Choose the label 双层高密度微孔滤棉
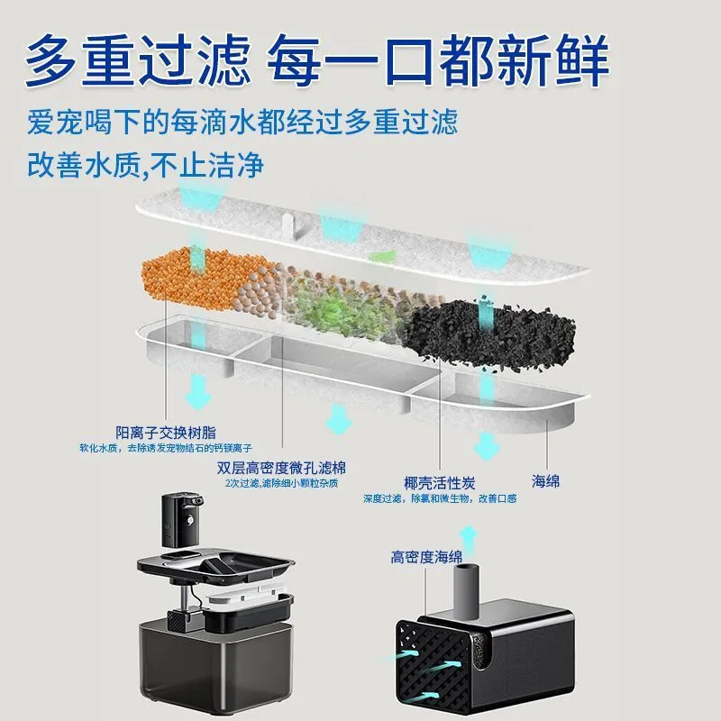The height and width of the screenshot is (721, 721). point(282,469)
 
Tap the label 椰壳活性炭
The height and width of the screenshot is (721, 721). point(441,482)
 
